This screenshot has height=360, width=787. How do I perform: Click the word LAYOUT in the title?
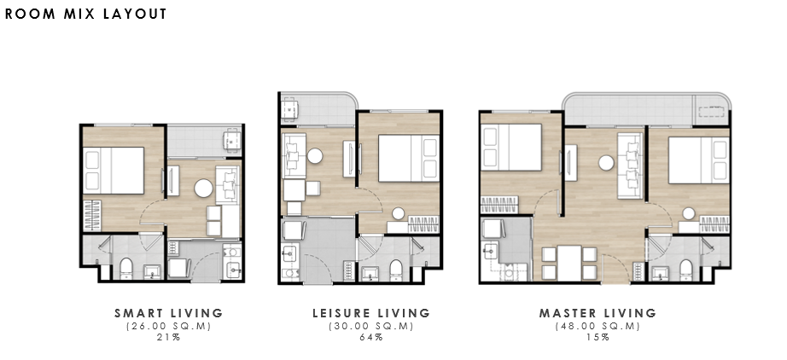[x=135, y=14]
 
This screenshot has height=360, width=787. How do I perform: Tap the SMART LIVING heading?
[x=169, y=313]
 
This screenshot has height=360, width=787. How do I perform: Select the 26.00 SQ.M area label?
[x=169, y=326]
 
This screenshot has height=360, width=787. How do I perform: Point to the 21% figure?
[x=169, y=337]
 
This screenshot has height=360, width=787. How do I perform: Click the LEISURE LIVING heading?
[x=371, y=313]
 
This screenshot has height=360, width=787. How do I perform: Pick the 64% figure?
[x=371, y=337]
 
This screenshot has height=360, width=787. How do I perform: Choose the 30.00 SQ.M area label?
[x=371, y=326]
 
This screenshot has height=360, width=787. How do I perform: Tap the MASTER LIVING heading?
[x=598, y=313]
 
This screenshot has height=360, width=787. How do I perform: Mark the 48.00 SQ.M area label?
[x=598, y=326]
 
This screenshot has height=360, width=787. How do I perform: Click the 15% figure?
[x=598, y=337]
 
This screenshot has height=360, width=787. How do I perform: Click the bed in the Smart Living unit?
[x=114, y=171]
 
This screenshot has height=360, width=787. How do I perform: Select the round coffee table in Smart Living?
[x=204, y=189]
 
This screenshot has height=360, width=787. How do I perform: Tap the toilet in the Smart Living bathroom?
[x=126, y=268]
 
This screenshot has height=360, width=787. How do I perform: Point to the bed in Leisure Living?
[x=409, y=158]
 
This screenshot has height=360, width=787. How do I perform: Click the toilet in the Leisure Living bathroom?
[x=396, y=270]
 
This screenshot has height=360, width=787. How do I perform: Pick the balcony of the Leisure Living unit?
[x=318, y=108]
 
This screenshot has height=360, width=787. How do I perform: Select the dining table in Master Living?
[x=569, y=264]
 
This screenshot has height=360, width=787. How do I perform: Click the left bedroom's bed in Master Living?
[x=512, y=148]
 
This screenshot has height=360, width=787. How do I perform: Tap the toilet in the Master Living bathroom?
[x=686, y=270]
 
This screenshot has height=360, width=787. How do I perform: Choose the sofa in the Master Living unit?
[x=630, y=166]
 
